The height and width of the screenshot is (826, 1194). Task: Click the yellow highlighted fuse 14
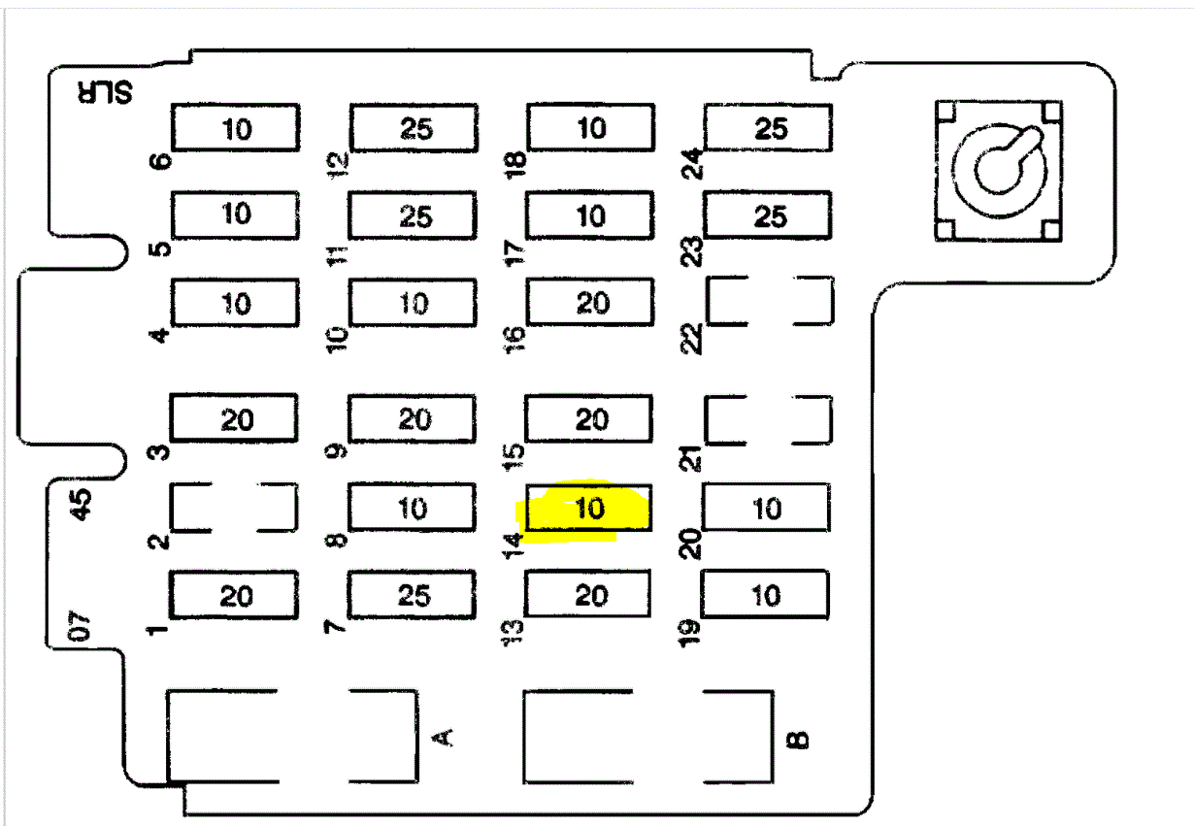click(x=588, y=509)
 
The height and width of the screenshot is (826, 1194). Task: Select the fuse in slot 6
click(x=236, y=128)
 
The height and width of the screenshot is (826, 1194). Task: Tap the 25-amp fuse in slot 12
click(x=414, y=128)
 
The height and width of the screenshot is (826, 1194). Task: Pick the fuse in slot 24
click(x=769, y=128)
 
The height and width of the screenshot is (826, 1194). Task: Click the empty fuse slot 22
click(x=769, y=302)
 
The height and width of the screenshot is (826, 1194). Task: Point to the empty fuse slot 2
click(x=234, y=508)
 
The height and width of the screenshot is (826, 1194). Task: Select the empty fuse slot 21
click(x=768, y=418)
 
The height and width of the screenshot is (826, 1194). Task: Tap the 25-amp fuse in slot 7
click(x=413, y=594)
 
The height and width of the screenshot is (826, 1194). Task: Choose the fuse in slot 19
click(x=766, y=594)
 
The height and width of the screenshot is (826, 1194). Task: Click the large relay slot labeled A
click(x=292, y=737)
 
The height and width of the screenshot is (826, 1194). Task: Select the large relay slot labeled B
click(x=648, y=737)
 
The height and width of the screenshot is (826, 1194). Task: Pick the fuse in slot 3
click(x=235, y=419)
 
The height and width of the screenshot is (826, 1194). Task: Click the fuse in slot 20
click(x=766, y=508)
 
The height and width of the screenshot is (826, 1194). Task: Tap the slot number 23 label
click(x=693, y=252)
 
